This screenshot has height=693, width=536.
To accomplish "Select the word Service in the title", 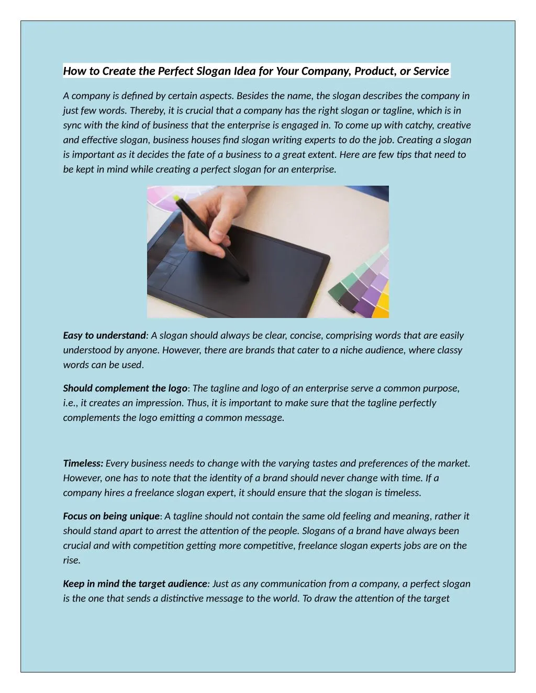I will click(431, 71).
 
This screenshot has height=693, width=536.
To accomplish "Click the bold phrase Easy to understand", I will click(104, 335).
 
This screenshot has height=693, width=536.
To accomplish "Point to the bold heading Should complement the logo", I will click(125, 388).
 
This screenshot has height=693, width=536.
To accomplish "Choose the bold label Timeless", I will click(83, 463).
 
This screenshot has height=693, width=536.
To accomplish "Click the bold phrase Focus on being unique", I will click(111, 516).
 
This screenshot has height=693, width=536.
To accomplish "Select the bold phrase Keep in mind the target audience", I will click(135, 584).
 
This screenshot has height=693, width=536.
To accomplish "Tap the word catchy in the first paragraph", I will click(418, 125).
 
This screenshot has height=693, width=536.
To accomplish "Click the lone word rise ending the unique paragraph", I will click(71, 560).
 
